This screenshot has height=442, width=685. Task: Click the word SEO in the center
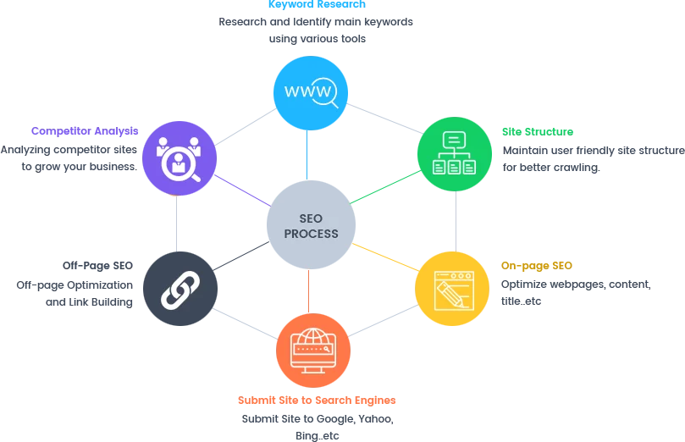click(311, 219)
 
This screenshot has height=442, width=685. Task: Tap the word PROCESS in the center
click(311, 234)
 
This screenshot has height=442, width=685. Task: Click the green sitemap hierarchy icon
click(454, 154)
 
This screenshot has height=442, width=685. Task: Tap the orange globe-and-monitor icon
click(313, 349)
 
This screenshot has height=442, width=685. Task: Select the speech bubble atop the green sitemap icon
click(454, 139)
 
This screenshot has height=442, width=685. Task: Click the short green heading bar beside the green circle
click(538, 130)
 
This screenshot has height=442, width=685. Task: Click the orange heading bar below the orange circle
click(318, 400)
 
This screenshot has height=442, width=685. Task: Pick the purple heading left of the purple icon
click(85, 129)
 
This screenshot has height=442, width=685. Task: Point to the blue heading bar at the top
click(315, 4)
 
